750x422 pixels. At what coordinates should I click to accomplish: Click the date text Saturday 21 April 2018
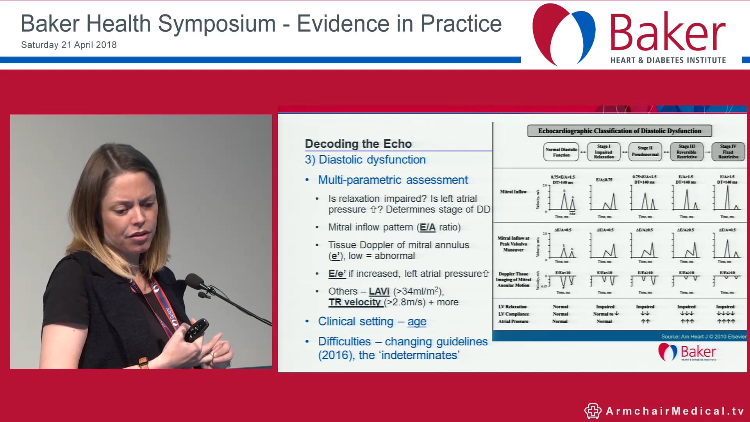click(x=69, y=45)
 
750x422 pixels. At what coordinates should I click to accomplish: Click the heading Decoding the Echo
click(x=358, y=144)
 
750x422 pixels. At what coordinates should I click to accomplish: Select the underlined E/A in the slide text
click(x=427, y=227)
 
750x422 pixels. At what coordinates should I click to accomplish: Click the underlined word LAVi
click(x=379, y=291)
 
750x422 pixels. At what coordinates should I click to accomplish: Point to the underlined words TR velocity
click(x=355, y=302)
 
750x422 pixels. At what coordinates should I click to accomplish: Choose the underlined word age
click(x=417, y=322)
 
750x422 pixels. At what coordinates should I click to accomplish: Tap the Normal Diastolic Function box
click(x=561, y=152)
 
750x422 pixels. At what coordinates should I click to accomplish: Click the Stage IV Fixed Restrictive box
click(x=728, y=152)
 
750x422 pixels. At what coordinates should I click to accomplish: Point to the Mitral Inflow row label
click(x=513, y=192)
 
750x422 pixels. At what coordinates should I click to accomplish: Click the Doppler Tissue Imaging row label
click(x=513, y=279)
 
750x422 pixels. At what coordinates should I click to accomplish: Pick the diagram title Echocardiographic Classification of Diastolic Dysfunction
click(x=619, y=131)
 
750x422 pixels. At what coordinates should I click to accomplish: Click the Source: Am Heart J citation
click(x=703, y=336)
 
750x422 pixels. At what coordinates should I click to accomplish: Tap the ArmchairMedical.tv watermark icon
click(x=593, y=411)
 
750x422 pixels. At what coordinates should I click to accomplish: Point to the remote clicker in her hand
click(x=196, y=329)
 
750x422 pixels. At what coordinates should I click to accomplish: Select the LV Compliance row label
click(x=513, y=314)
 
